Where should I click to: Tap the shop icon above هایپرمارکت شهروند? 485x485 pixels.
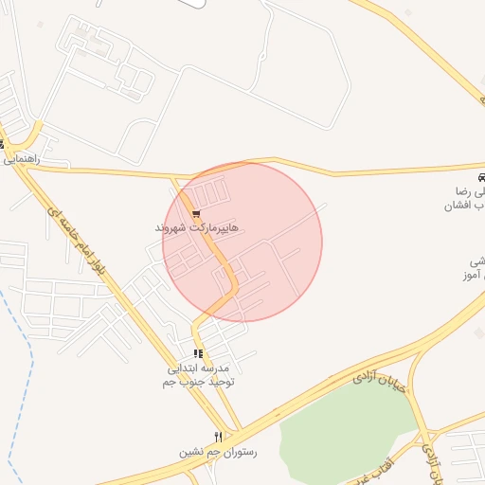[x=196, y=214]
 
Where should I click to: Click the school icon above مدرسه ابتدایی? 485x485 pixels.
[x=197, y=353]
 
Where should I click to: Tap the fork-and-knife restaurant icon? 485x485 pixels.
[x=218, y=437]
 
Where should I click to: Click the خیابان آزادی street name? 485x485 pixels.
[x=379, y=376]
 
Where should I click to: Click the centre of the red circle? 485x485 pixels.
[x=242, y=242]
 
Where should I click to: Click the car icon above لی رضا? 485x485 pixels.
[x=481, y=177]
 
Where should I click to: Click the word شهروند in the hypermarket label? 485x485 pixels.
[x=174, y=228]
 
